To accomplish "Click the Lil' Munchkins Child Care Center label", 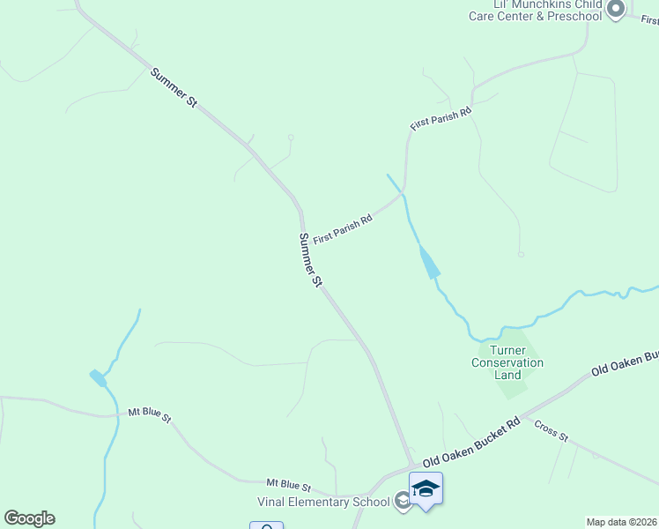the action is (x=535, y=11).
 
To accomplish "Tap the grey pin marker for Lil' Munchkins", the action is (x=615, y=10).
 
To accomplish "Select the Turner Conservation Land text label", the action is (x=507, y=362).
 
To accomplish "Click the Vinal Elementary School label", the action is (x=322, y=503).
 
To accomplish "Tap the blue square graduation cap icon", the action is (x=426, y=489).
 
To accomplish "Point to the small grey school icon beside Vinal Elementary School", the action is (x=403, y=502).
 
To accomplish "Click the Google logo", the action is (x=29, y=518).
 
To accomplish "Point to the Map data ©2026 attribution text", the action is (x=622, y=521).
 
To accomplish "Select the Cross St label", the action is (x=552, y=431).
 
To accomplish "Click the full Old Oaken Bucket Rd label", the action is (x=471, y=448).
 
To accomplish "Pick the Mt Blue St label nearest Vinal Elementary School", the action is (x=289, y=485).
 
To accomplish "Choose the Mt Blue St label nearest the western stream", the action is (x=149, y=413).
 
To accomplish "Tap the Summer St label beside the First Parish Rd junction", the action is (x=310, y=260).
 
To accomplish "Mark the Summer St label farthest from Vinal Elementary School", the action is (x=174, y=88).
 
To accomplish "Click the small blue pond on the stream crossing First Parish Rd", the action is (x=429, y=263).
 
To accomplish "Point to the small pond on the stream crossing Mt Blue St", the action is (x=98, y=377).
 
